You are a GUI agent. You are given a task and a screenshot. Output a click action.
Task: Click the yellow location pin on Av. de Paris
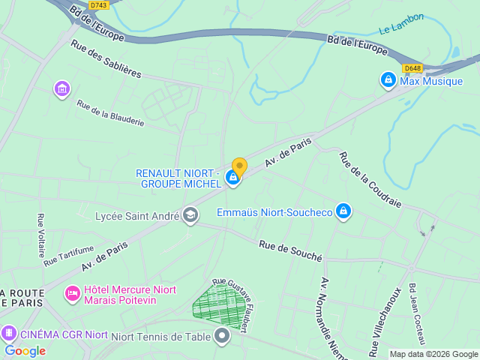pos(239,166)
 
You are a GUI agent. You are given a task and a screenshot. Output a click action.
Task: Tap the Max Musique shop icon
pos(388,79)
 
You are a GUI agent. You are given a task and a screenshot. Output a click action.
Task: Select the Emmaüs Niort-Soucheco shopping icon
pos(343,211)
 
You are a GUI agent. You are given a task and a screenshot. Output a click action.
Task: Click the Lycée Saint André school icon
pos(190,216)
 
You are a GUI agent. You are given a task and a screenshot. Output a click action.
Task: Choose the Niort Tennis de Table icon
pos(221,336)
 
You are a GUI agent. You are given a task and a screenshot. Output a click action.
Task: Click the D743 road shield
pos(97,5)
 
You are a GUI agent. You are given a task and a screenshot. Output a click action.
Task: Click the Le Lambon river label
pos(401,23)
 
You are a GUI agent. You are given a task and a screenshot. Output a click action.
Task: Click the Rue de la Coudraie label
pos(370,180)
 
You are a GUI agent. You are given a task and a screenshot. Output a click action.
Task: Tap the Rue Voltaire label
pos(40,235)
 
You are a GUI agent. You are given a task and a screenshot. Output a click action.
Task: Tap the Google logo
pos(25,350)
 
